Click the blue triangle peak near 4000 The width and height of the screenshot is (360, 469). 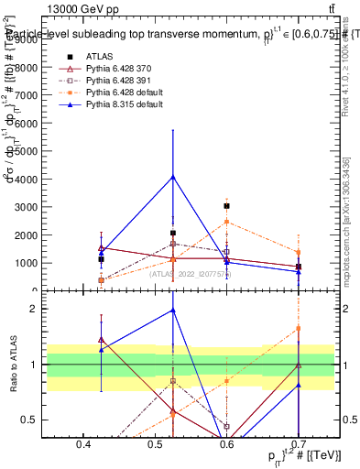coord(172,177)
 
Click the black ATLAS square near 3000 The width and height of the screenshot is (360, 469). coord(226,206)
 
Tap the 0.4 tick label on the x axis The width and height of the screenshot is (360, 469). coord(83,444)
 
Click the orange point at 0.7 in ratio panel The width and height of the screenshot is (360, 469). coord(299,328)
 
